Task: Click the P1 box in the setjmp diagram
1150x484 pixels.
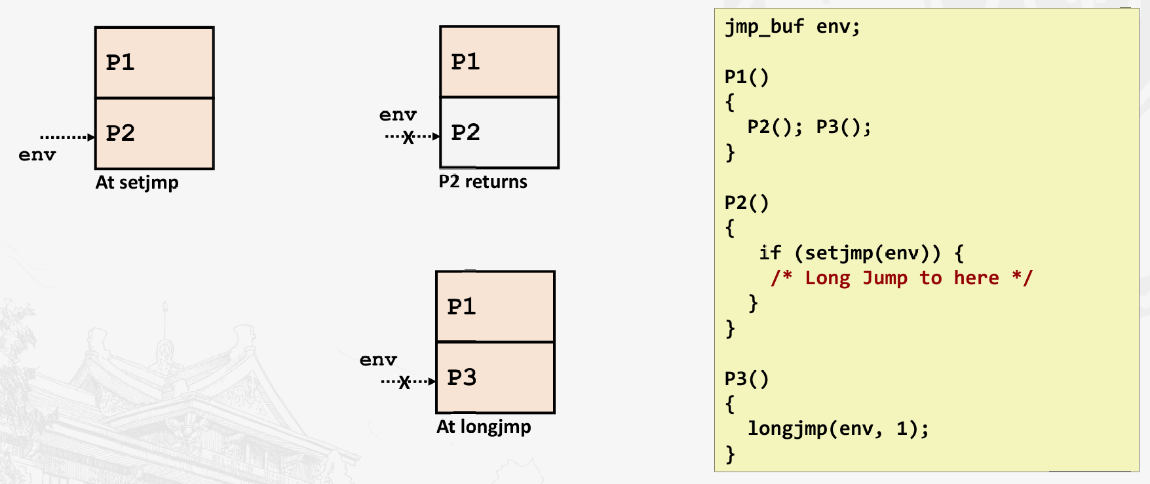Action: point(154,63)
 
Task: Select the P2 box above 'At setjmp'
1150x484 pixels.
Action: point(154,134)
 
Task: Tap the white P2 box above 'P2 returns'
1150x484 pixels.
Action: point(499,133)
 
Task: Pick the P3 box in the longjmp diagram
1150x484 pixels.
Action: point(495,377)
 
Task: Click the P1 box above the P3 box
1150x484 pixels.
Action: point(495,307)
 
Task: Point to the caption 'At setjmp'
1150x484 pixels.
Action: point(137,182)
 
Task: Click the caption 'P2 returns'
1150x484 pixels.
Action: point(483,181)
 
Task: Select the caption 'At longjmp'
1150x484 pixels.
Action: point(484,426)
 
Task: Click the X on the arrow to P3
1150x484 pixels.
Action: point(404,382)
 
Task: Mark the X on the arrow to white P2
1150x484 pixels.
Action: point(408,137)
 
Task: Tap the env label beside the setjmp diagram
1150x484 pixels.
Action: point(37,155)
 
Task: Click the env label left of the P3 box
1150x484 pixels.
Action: point(378,360)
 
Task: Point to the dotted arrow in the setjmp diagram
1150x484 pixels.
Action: point(67,137)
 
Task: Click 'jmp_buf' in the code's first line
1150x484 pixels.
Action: point(764,27)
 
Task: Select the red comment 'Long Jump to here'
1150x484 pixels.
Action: point(902,278)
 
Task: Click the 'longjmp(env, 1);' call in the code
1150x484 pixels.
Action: point(838,428)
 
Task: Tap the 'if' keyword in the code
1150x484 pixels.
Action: point(770,253)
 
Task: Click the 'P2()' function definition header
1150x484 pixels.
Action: point(746,202)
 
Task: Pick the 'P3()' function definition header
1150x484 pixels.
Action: point(746,379)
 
